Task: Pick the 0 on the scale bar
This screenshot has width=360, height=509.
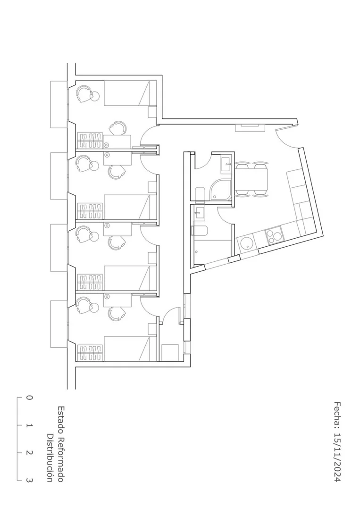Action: pos(29,398)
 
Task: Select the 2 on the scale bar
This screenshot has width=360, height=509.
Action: pos(29,453)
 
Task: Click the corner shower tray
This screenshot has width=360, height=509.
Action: pos(221,190)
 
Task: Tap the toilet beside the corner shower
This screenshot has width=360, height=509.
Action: pos(200,194)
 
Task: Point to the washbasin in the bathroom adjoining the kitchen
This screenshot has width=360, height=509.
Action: pos(199,212)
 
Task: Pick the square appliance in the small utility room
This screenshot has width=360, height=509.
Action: pos(170,352)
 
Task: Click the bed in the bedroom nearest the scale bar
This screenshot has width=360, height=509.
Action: pos(130,348)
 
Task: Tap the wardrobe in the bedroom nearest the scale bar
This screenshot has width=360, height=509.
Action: pos(90,353)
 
